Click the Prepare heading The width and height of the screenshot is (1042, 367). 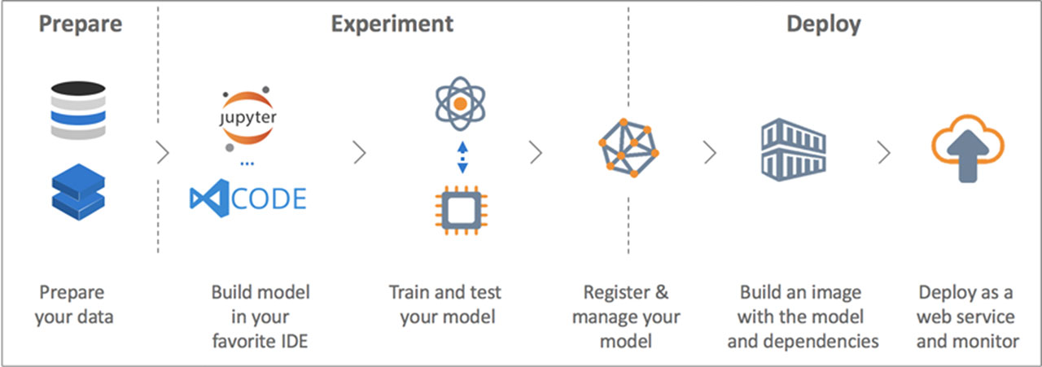[81, 24]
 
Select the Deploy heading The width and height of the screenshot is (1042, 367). [823, 24]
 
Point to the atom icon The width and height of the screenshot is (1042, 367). [461, 104]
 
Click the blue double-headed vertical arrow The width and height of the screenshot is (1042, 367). [462, 157]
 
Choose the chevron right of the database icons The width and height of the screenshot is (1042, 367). [162, 152]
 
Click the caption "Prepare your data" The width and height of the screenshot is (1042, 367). [74, 304]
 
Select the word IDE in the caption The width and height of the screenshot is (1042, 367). [291, 340]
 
